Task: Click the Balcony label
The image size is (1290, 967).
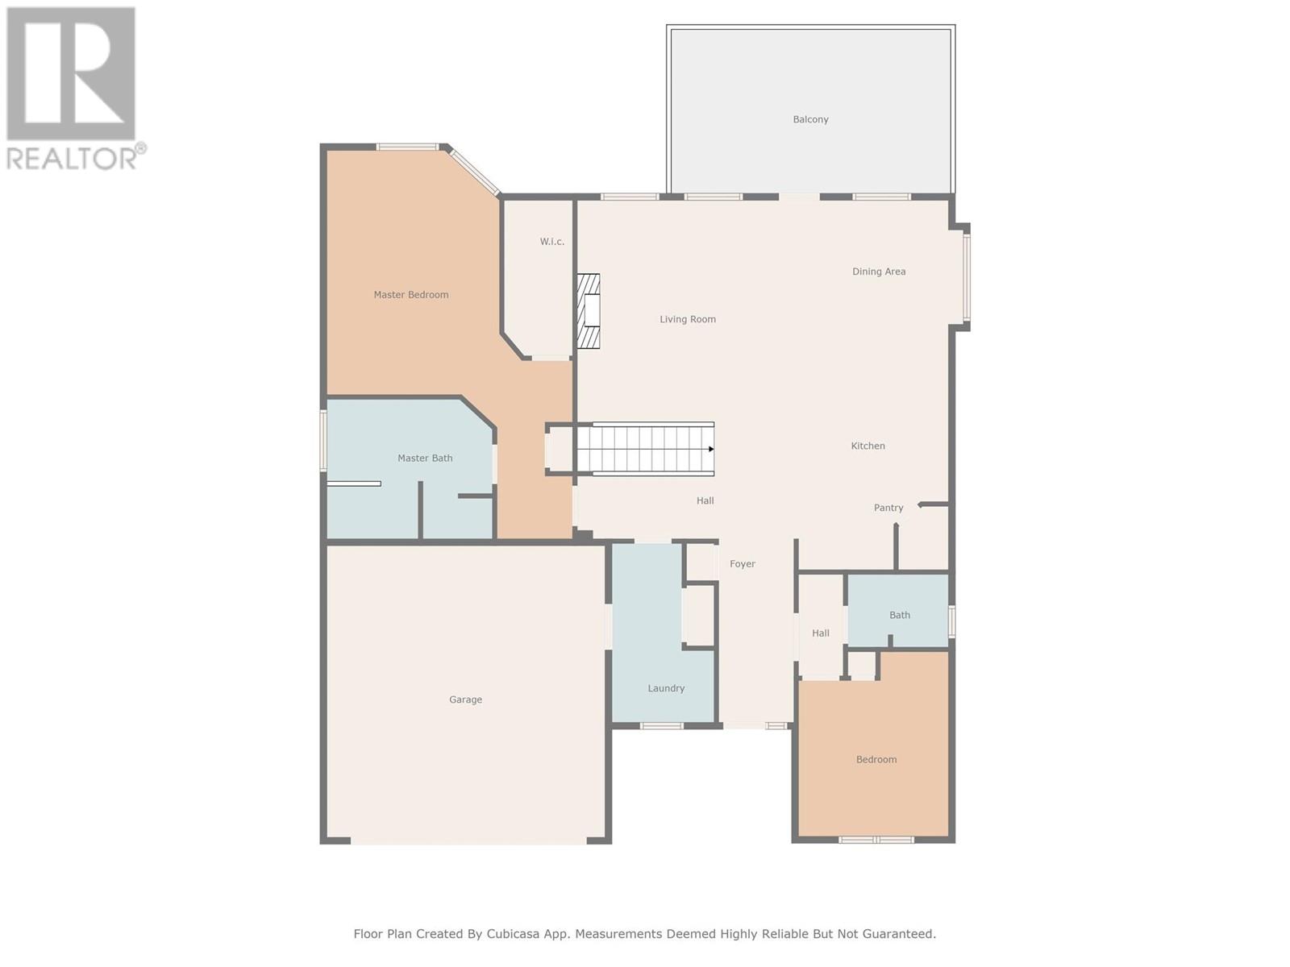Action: (810, 119)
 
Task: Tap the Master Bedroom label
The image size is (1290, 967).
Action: (411, 295)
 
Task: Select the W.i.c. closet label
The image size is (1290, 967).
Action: (551, 241)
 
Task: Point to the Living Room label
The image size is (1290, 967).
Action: (688, 319)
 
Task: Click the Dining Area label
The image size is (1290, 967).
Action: (879, 272)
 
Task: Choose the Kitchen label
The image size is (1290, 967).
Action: (868, 446)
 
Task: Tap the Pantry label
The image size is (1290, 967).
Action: (888, 508)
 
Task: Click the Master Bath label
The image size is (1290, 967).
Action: (425, 458)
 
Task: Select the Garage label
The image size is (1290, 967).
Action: (465, 699)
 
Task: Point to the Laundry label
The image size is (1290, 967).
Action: (666, 688)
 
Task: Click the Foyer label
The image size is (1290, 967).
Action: (743, 563)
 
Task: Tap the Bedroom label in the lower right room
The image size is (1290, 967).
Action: (876, 759)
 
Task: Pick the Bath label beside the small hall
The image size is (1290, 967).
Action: (899, 615)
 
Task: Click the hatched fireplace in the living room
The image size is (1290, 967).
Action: (588, 311)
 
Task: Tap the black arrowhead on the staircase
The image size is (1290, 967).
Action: (711, 449)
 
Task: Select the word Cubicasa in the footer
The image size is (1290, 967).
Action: (513, 933)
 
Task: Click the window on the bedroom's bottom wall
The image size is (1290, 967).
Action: (876, 840)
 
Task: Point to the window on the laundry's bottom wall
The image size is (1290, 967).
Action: (661, 726)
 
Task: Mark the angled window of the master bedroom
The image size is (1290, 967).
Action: (475, 171)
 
